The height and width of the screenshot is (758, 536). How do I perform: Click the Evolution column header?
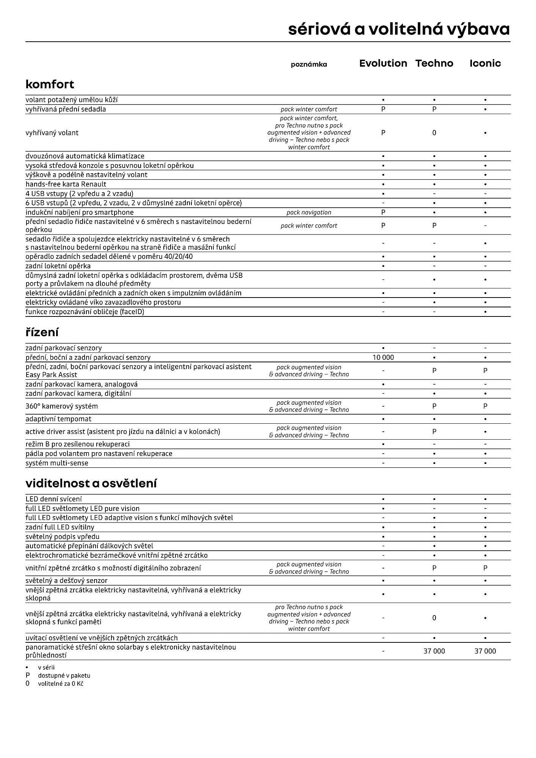(383, 63)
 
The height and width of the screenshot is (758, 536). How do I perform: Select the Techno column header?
(434, 63)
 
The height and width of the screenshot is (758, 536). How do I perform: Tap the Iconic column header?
(485, 63)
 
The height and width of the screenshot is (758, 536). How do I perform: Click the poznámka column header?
(309, 64)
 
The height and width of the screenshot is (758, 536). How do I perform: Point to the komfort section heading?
(50, 84)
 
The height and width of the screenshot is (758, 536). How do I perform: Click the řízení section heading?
(42, 332)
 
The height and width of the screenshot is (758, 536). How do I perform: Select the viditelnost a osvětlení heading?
(91, 483)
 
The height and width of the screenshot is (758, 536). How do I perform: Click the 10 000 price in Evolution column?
(383, 357)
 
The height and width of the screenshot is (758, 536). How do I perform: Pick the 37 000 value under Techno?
(434, 651)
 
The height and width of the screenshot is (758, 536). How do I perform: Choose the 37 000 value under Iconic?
(485, 651)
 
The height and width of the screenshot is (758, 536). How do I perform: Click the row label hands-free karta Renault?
(66, 184)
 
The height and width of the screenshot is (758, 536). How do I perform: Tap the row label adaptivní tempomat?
(58, 419)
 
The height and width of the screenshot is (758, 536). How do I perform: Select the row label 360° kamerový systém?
(61, 406)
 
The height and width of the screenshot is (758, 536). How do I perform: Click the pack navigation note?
(309, 213)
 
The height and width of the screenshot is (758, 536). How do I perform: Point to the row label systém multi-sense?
(57, 463)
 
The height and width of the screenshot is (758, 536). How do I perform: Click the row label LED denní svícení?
(53, 499)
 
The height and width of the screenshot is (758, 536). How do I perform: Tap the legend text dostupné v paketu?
(64, 675)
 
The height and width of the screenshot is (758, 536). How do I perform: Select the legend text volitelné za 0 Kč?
(60, 684)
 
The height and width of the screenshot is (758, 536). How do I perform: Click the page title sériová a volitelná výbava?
(399, 29)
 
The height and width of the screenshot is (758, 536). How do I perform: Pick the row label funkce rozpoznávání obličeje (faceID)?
(85, 312)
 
